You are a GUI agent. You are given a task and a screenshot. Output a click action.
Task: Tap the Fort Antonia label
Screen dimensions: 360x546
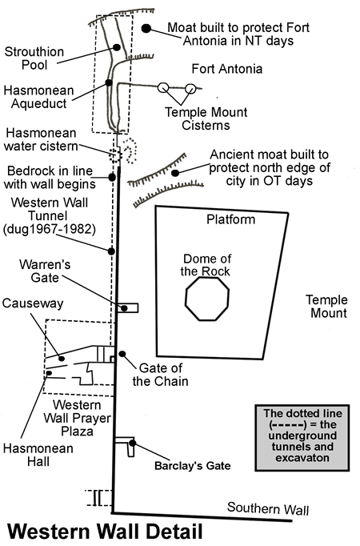pyautogui.click(x=226, y=69)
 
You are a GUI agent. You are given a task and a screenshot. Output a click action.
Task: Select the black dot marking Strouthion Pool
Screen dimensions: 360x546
pyautogui.click(x=117, y=47)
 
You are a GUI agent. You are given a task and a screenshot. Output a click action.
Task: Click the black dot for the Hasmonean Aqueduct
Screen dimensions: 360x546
pyautogui.click(x=109, y=82)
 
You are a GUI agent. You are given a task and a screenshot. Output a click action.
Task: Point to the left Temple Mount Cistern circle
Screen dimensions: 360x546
pyautogui.click(x=163, y=88)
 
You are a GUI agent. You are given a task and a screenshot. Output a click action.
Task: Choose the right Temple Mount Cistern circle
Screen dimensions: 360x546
pyautogui.click(x=190, y=89)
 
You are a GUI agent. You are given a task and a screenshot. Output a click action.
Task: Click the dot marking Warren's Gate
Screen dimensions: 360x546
pyautogui.click(x=124, y=308)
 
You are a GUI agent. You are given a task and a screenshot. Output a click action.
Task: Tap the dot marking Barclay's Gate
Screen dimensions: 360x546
pyautogui.click(x=132, y=443)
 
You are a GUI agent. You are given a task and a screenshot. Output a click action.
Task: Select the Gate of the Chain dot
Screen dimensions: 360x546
pyautogui.click(x=122, y=354)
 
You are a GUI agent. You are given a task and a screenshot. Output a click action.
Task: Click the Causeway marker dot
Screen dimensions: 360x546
pyautogui.click(x=62, y=359)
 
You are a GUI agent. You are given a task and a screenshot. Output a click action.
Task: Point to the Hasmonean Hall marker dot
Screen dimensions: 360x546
pyautogui.click(x=49, y=373)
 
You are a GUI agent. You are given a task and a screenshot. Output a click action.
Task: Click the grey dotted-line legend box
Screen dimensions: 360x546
pyautogui.click(x=302, y=438)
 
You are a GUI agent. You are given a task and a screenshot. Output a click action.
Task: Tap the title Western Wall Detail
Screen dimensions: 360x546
pyautogui.click(x=105, y=532)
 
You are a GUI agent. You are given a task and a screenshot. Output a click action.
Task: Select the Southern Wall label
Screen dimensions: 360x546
pyautogui.click(x=268, y=508)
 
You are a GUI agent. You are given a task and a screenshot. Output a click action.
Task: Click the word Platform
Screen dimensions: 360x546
pyautogui.click(x=230, y=219)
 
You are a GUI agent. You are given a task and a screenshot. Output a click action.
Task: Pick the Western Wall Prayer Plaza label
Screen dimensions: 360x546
pyautogui.click(x=78, y=418)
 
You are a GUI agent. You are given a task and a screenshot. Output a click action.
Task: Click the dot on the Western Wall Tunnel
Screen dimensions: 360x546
pyautogui.click(x=111, y=251)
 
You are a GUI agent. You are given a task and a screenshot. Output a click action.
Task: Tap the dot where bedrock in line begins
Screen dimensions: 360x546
pyautogui.click(x=112, y=177)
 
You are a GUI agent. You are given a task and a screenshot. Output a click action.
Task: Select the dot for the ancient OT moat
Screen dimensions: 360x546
pyautogui.click(x=175, y=173)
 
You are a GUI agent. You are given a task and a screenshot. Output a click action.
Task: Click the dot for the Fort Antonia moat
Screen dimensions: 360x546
pyautogui.click(x=146, y=29)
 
